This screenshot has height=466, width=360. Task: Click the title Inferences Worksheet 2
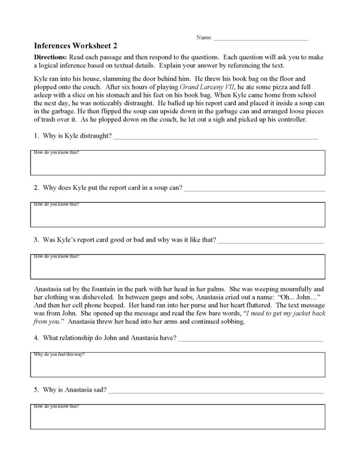point(76,46)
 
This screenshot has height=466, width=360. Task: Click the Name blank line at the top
point(260,38)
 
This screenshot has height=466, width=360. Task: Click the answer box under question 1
point(178,163)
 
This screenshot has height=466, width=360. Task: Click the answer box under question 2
point(178,214)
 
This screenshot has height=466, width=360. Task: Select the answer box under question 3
point(178,266)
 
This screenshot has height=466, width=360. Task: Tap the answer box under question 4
point(178,365)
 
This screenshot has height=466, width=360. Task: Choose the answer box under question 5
point(178,416)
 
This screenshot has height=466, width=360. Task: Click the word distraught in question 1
point(96,136)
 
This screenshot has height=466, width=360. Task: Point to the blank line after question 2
point(255,188)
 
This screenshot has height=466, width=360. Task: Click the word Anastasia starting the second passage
point(49,289)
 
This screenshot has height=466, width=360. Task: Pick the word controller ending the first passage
point(294,120)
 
